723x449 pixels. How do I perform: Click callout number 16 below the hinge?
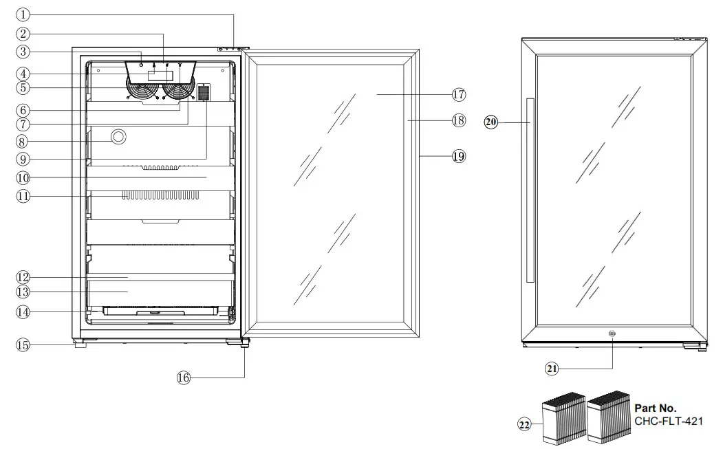click(183, 377)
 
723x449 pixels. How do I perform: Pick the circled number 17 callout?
click(459, 94)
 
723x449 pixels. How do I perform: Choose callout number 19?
click(459, 156)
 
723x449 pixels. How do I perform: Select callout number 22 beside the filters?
click(524, 426)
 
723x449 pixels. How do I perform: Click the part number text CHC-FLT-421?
click(669, 421)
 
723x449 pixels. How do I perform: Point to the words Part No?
click(655, 408)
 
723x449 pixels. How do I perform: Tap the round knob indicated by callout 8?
click(118, 137)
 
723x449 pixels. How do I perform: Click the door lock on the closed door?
click(612, 333)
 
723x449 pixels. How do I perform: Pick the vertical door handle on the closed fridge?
click(529, 190)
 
